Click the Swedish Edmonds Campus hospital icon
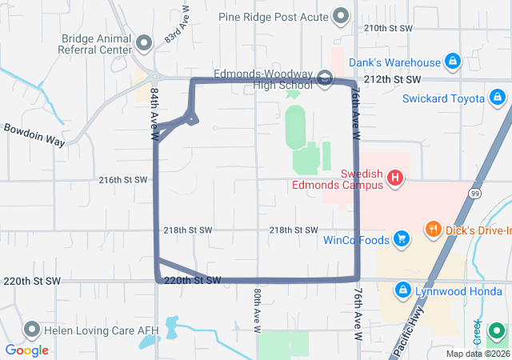[x=394, y=178]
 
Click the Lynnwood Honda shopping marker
[x=404, y=289]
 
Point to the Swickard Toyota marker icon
[x=497, y=98]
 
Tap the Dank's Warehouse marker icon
[x=453, y=61]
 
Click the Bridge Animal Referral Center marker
[x=144, y=42]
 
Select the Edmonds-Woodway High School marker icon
[x=325, y=78]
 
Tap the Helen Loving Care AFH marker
[x=32, y=328]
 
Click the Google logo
[x=26, y=350]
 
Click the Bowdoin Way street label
[x=34, y=134]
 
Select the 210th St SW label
[x=388, y=28]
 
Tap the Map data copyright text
[x=478, y=354]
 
